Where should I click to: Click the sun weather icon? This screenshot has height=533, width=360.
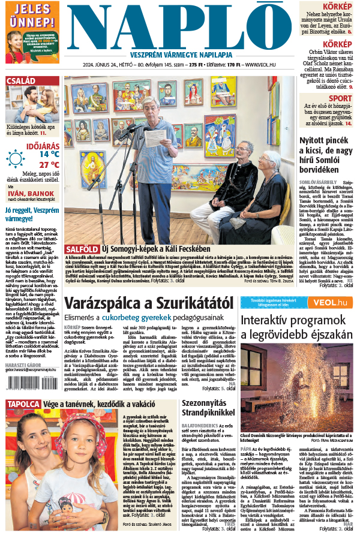[x=16, y=158]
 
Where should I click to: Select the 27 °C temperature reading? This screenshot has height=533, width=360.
[x=49, y=164]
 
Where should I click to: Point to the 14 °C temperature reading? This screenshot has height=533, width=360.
[x=49, y=153]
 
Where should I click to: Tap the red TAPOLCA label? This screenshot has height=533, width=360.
[x=23, y=403]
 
